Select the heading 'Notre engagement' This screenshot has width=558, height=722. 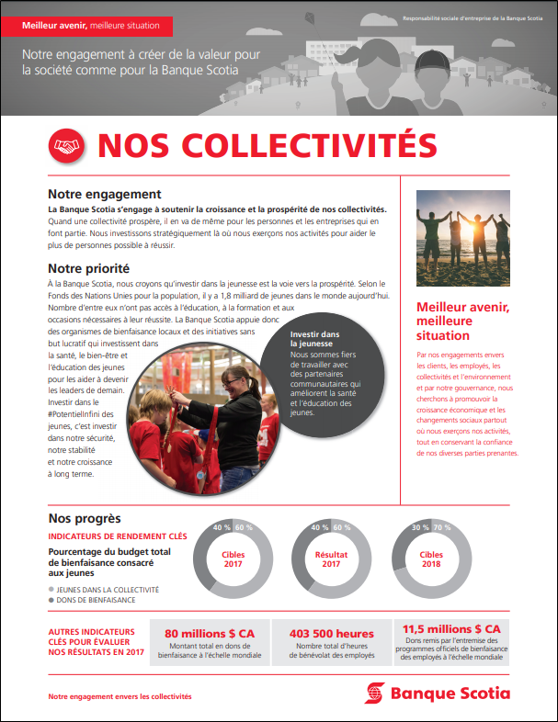[x=105, y=195]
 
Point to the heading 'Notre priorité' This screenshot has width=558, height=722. [x=88, y=269]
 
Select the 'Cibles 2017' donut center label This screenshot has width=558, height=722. [x=233, y=559]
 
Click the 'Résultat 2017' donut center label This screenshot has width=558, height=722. [x=332, y=559]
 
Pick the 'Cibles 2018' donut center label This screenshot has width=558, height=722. [x=431, y=559]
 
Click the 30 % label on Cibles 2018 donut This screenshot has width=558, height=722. [x=418, y=527]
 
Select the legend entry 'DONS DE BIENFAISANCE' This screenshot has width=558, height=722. [x=97, y=600]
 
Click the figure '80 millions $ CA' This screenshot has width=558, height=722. [x=210, y=634]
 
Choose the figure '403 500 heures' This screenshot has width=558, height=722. [x=332, y=634]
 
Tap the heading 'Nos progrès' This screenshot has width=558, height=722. [x=85, y=519]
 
